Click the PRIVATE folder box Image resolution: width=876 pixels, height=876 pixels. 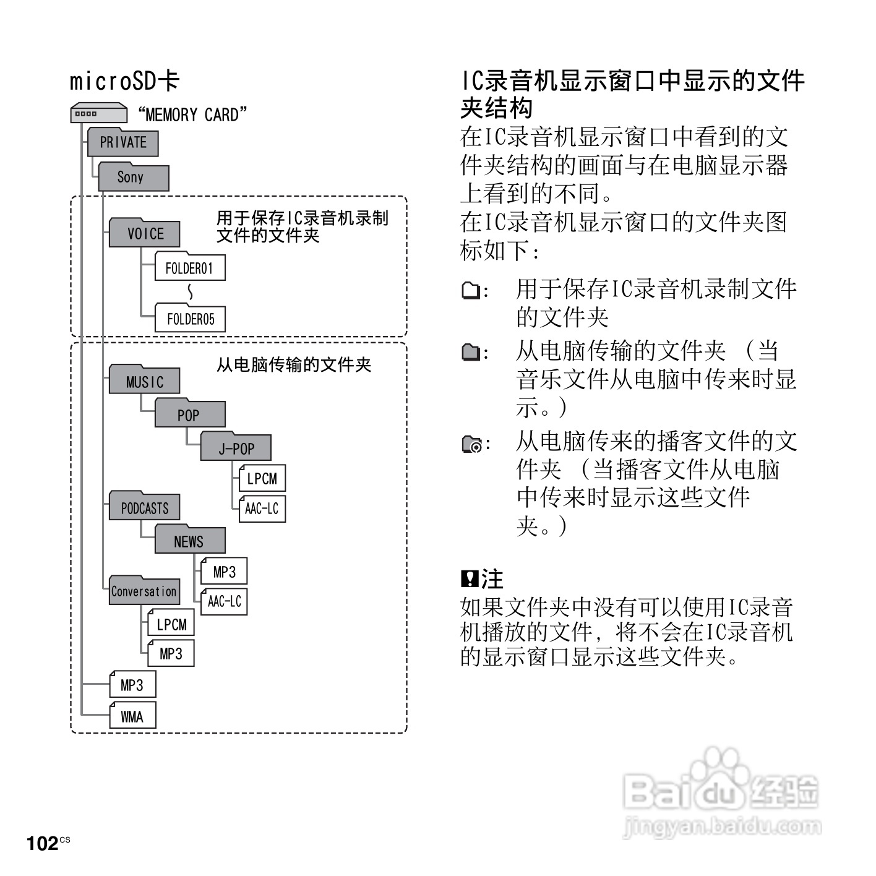point(122,142)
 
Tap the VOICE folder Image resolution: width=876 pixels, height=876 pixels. point(145,233)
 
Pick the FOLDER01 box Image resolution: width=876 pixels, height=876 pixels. point(189,268)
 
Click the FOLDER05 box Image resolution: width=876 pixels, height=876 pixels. point(190,319)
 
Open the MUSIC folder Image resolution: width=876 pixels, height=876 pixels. point(145,381)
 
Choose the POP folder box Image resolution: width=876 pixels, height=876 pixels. point(189,414)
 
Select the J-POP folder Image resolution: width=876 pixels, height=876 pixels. point(236,448)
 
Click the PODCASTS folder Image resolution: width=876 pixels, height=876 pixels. point(145,507)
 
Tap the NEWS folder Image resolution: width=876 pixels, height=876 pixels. point(189,541)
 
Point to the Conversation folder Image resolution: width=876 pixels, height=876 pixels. point(144,591)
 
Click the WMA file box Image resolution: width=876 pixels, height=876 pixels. point(132,716)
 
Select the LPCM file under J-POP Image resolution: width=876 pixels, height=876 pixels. point(262,478)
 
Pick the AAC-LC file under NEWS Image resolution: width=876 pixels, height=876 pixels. point(224,601)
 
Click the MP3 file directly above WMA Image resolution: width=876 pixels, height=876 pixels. point(132,685)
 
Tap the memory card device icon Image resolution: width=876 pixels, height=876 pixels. point(98,114)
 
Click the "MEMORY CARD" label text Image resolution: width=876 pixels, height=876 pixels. point(192,114)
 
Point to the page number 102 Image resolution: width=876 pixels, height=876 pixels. point(42,843)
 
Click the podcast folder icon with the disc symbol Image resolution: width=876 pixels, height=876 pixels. point(472,444)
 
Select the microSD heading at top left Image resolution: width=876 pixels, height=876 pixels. point(124,81)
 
